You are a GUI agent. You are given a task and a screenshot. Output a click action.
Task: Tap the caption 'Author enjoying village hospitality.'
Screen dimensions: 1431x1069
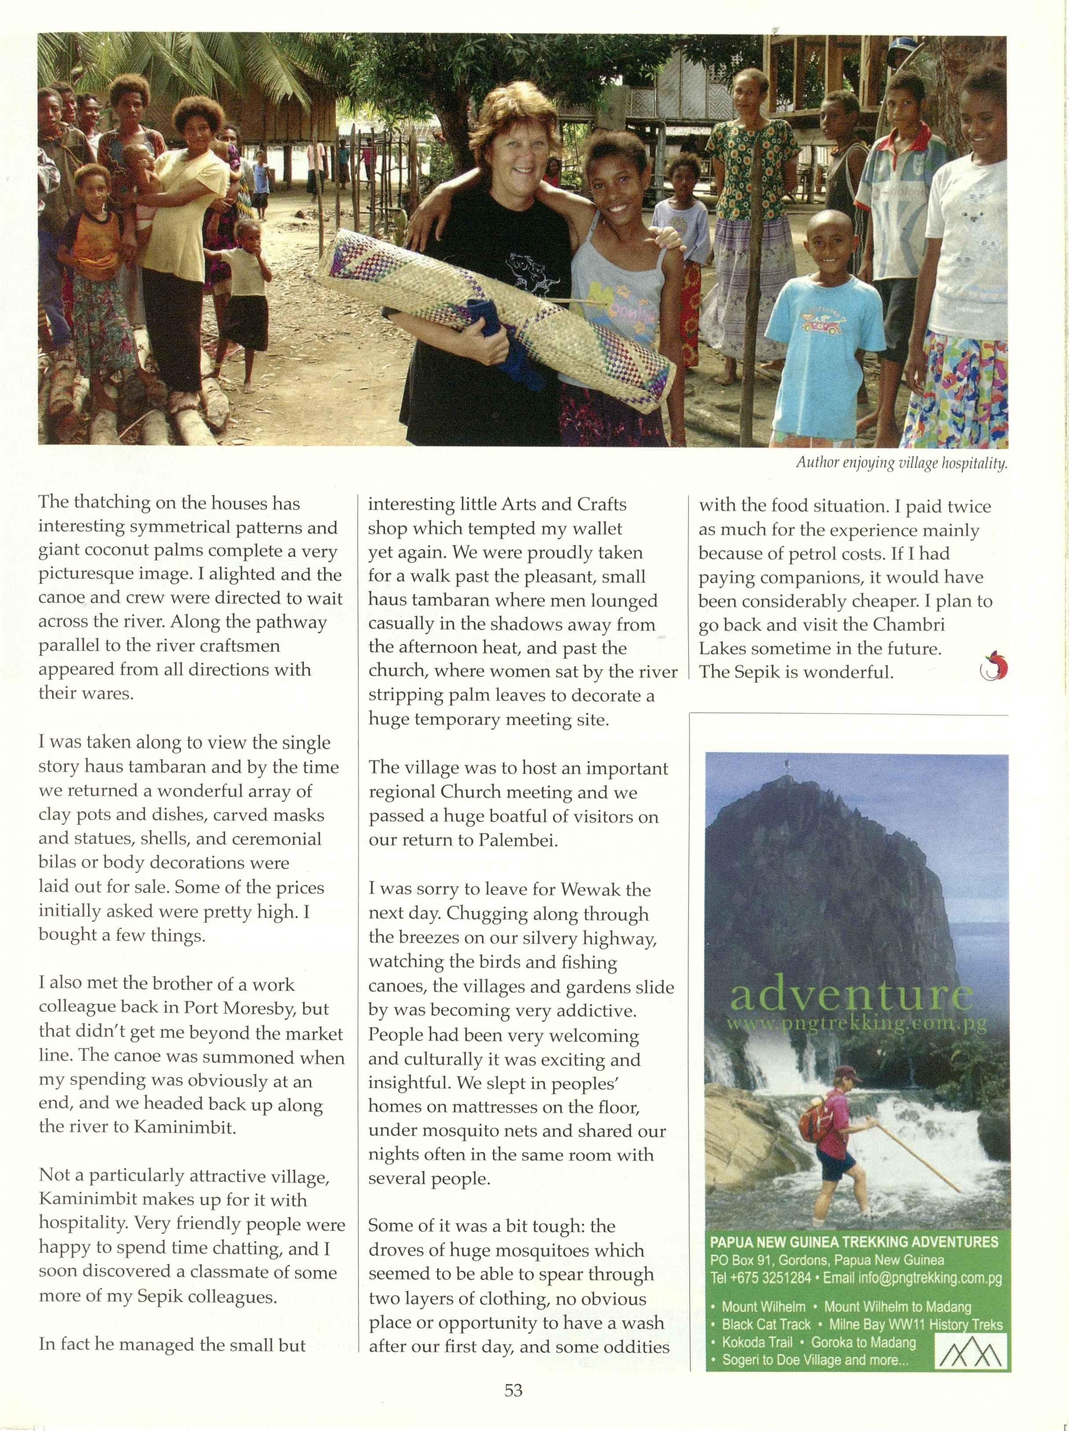coord(901,463)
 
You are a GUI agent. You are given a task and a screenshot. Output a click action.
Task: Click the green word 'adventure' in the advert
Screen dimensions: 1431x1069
coord(850,997)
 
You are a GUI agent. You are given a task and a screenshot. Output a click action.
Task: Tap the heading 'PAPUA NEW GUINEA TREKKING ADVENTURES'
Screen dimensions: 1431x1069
coord(853,1242)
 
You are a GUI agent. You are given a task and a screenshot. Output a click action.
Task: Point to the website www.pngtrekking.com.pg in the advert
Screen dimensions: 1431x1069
coord(857,1025)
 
